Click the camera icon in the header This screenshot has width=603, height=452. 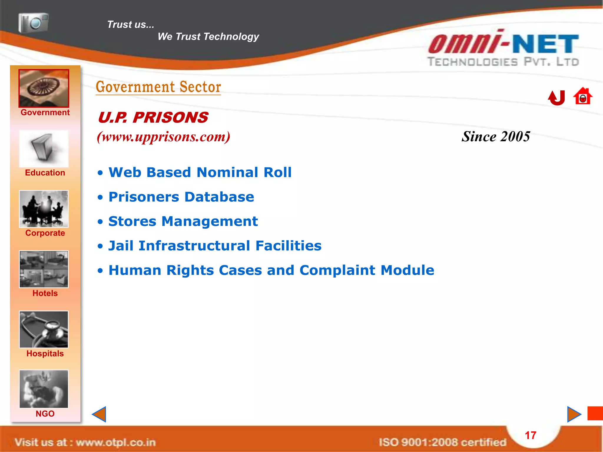(x=33, y=23)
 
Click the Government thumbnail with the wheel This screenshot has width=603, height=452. (x=44, y=88)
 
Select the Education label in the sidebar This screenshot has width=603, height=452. (x=45, y=173)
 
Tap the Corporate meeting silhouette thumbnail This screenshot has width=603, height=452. (x=44, y=209)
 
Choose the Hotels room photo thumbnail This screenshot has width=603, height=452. (x=44, y=269)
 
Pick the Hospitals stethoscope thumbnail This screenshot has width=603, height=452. (x=44, y=330)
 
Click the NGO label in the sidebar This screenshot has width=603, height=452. (x=45, y=414)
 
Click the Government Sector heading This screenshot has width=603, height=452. (x=158, y=87)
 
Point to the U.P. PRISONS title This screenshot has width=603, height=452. (x=153, y=118)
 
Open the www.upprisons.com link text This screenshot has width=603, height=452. (x=164, y=137)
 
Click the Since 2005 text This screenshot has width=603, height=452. (x=496, y=137)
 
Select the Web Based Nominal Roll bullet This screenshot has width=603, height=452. (x=200, y=172)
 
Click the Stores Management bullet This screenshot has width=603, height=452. (x=183, y=221)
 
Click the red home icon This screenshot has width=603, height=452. (x=583, y=96)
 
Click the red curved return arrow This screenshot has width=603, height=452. (x=556, y=98)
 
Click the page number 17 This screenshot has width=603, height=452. (x=531, y=435)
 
